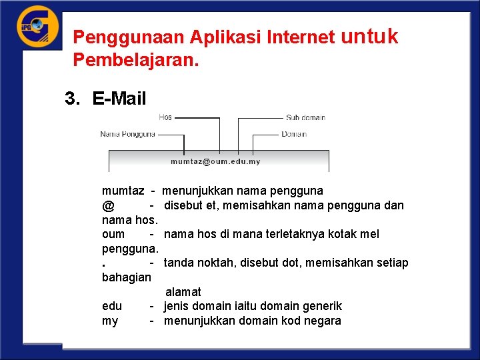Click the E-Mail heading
(119, 99)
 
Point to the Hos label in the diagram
(165, 117)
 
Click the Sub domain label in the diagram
(305, 117)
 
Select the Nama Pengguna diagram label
(128, 134)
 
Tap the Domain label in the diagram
(294, 134)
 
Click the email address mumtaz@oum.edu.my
(215, 161)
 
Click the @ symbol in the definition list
(108, 205)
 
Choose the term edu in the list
(111, 306)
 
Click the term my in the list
(109, 321)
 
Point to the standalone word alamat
(183, 292)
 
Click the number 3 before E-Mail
(69, 99)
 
